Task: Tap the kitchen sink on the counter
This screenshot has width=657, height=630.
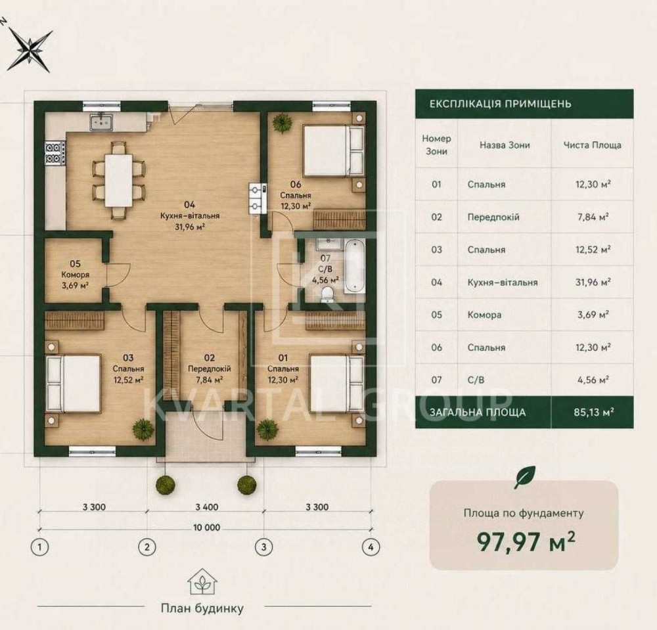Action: [101, 123]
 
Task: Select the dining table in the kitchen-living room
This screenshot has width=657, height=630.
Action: [118, 180]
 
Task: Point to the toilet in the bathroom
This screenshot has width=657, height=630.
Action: [326, 294]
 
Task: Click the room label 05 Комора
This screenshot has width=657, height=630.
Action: [76, 275]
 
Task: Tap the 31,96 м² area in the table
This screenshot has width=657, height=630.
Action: [593, 282]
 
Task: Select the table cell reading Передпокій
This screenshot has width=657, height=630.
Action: [493, 217]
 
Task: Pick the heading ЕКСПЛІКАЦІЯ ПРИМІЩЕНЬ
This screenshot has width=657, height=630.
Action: [500, 104]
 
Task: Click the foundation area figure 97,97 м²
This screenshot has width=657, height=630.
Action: [526, 542]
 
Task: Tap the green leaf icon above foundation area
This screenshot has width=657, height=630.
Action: [524, 478]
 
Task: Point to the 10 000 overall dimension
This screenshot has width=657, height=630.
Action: [206, 528]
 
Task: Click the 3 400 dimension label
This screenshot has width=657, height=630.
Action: [206, 507]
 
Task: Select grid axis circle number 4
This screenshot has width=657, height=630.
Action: [371, 547]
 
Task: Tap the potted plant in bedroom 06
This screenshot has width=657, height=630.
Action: [282, 123]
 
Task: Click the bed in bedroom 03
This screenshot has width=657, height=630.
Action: [74, 384]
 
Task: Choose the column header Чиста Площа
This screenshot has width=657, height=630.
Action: [592, 145]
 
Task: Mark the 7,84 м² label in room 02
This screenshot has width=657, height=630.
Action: [209, 380]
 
